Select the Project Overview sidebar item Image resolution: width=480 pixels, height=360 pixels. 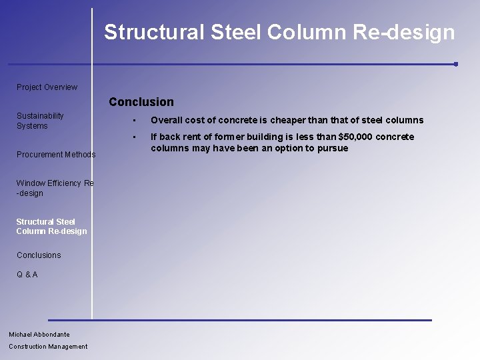tap(47, 87)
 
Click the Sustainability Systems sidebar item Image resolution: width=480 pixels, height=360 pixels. tap(40, 121)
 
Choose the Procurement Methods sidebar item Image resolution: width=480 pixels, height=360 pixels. tap(56, 155)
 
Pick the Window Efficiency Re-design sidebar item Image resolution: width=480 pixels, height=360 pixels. tap(55, 188)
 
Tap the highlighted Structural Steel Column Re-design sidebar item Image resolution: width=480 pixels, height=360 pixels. tap(51, 226)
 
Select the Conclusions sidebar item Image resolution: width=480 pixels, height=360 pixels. tap(39, 255)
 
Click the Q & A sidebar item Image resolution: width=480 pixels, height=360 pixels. tap(27, 275)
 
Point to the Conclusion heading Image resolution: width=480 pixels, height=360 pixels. tap(141, 102)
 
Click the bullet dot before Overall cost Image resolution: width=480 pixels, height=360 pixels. tap(134, 121)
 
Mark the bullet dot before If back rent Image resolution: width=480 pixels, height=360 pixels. tap(134, 137)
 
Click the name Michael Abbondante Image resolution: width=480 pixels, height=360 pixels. tap(39, 335)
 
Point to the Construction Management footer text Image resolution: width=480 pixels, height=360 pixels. tap(48, 347)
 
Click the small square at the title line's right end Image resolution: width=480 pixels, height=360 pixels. tap(455, 64)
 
